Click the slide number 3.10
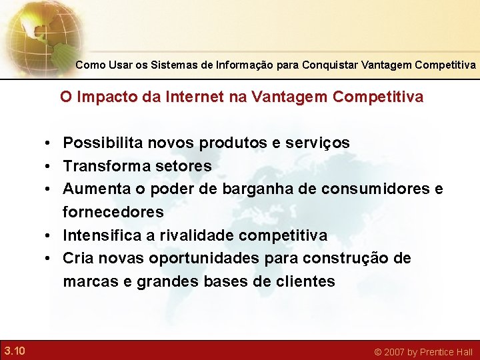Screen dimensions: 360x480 click(14, 351)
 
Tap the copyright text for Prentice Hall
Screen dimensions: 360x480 click(423, 351)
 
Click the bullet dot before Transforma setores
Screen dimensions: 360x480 click(50, 166)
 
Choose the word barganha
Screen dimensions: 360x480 click(258, 189)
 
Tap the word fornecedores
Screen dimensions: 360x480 click(113, 213)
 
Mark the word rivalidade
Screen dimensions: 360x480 click(195, 236)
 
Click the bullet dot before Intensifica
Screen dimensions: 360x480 click(50, 236)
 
